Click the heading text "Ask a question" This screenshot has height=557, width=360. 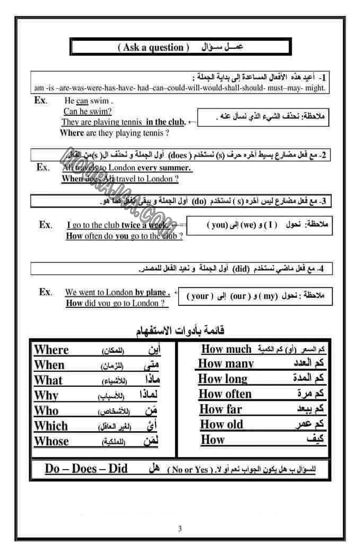(x=153, y=47)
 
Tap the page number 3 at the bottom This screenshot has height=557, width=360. (x=180, y=528)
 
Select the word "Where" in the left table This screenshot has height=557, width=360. (x=51, y=350)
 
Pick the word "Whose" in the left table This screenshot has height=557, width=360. (x=51, y=441)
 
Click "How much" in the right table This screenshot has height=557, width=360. (x=226, y=349)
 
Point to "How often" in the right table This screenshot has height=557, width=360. (x=225, y=394)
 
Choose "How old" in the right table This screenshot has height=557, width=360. (x=221, y=424)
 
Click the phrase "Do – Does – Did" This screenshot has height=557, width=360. (x=86, y=469)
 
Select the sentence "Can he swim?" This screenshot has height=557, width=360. (x=87, y=112)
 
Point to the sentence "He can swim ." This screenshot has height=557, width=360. (x=88, y=101)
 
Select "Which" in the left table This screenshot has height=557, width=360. (x=51, y=426)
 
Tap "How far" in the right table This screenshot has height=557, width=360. (x=220, y=409)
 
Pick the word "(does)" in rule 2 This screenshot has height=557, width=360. (x=178, y=156)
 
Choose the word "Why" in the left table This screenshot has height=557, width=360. (x=46, y=395)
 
